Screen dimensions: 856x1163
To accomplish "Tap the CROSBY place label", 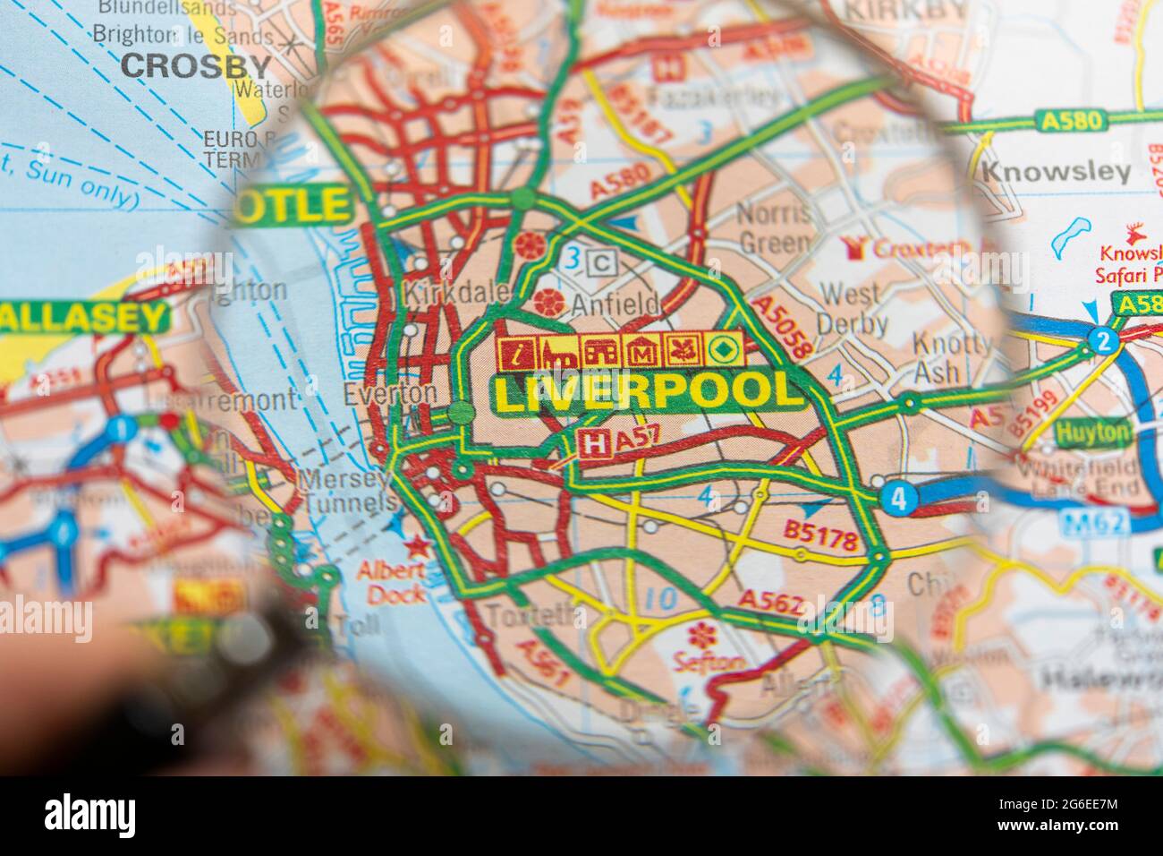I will (196, 65).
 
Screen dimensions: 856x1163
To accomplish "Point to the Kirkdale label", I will (456, 293).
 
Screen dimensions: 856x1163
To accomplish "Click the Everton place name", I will (390, 393).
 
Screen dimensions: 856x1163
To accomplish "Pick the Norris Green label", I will (775, 227).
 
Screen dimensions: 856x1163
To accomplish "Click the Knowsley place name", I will (1056, 172).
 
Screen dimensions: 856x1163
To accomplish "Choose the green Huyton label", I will (1079, 432).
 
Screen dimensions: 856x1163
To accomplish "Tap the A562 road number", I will (770, 603).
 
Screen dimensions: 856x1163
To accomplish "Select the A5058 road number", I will (782, 329).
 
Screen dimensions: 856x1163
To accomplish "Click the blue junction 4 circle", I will (898, 500).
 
